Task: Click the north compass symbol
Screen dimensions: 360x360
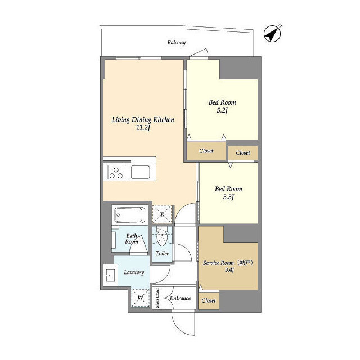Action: pos(272,34)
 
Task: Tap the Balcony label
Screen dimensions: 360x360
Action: pos(176,43)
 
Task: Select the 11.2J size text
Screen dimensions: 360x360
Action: pos(143,128)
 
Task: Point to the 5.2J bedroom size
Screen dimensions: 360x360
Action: pos(222,110)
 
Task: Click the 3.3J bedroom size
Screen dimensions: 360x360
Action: pos(228,197)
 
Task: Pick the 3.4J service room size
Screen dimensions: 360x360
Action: pos(229,270)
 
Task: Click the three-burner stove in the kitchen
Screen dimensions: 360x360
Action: pos(116,172)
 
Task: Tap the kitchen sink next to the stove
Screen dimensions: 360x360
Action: pos(141,172)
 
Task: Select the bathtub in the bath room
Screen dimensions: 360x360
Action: pos(130,215)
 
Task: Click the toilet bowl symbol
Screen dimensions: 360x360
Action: pos(162,236)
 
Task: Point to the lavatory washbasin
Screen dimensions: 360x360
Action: pos(110,275)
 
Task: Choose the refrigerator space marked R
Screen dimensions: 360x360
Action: pos(162,214)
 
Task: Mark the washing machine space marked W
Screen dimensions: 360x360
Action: pos(140,298)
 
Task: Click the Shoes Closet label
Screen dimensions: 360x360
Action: pos(157,298)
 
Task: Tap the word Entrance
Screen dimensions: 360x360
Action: pos(180,298)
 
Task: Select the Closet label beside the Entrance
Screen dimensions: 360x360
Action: pos(209,300)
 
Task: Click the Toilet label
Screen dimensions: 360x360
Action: pos(162,254)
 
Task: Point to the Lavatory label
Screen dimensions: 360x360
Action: pos(134,272)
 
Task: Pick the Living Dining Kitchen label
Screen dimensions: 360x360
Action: pos(143,120)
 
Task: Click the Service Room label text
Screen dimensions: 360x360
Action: pos(218,263)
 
